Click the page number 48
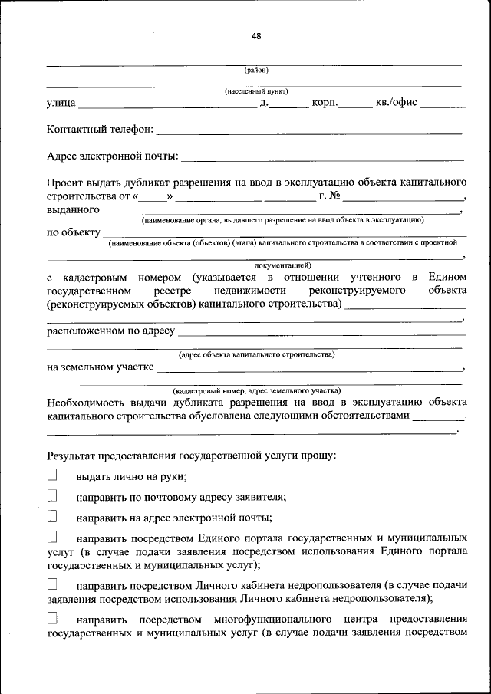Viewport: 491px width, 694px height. [255, 35]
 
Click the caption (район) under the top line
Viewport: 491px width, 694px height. [255, 71]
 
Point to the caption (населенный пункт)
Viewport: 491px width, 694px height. [255, 91]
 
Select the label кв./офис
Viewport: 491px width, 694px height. [396, 103]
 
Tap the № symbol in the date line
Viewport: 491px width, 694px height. [334, 196]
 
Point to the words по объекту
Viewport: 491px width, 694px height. [74, 232]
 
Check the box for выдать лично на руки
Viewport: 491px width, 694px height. [52, 475]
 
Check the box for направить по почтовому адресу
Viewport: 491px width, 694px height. [52, 496]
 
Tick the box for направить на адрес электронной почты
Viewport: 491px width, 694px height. [52, 517]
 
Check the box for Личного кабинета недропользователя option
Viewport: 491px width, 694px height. [52, 585]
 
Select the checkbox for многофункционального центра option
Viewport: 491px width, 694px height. [52, 618]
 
